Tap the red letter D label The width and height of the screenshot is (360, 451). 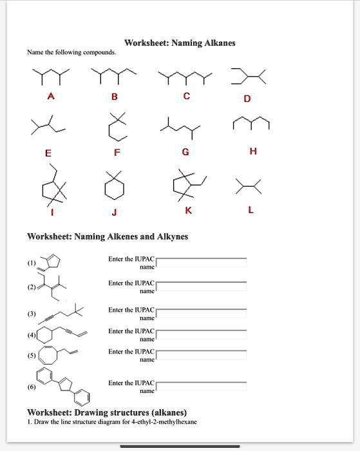[247, 99]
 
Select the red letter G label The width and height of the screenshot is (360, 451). [185, 152]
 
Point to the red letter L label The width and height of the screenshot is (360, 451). [251, 209]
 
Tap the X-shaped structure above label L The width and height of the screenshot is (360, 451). [249, 187]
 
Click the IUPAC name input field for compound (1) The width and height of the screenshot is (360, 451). [202, 262]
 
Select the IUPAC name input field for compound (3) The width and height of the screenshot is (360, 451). [202, 314]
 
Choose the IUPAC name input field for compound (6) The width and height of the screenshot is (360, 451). [202, 387]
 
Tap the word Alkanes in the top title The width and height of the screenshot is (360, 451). [220, 43]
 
